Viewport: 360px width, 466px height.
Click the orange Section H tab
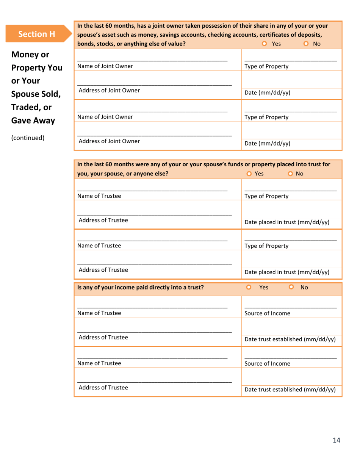tap(37, 34)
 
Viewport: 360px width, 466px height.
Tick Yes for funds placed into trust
tap(249, 174)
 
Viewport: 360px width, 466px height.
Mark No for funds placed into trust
tap(290, 174)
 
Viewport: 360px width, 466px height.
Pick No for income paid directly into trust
tap(291, 287)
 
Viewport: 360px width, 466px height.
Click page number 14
tap(337, 440)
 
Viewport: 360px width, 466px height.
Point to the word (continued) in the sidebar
tap(28, 138)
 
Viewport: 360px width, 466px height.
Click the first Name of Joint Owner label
tap(105, 66)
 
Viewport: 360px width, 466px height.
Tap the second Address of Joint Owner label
tap(109, 141)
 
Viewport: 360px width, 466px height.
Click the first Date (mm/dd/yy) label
tap(267, 93)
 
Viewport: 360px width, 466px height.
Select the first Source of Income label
tap(267, 313)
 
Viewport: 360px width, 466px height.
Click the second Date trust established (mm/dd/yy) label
tap(290, 389)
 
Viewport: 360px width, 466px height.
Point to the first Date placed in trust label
tap(287, 222)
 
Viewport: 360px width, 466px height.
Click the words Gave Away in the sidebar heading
tap(33, 121)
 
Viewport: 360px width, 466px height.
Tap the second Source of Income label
tap(267, 364)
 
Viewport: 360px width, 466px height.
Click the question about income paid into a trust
tap(140, 288)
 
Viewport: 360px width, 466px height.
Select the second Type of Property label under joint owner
tap(266, 117)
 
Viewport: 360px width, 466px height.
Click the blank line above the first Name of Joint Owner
tap(152, 60)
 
